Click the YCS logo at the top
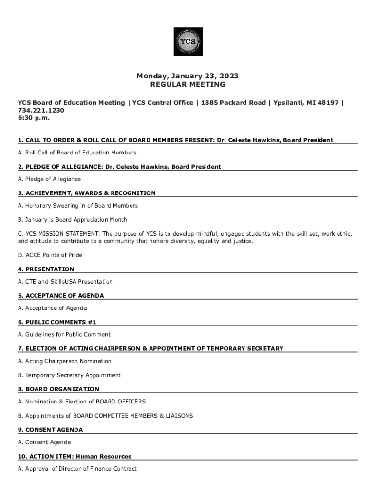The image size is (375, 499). (188, 41)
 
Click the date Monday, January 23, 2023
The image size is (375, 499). (187, 76)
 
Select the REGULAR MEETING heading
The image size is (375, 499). (187, 84)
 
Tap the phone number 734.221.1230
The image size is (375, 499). (41, 111)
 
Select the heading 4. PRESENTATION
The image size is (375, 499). (46, 269)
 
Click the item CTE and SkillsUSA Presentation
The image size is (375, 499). (65, 282)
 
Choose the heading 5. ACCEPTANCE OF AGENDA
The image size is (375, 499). (61, 295)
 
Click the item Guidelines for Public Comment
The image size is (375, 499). (64, 335)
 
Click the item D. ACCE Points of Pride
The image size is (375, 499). (50, 255)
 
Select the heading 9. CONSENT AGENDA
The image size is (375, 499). (50, 430)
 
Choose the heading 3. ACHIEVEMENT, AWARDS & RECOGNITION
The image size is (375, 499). (87, 193)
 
